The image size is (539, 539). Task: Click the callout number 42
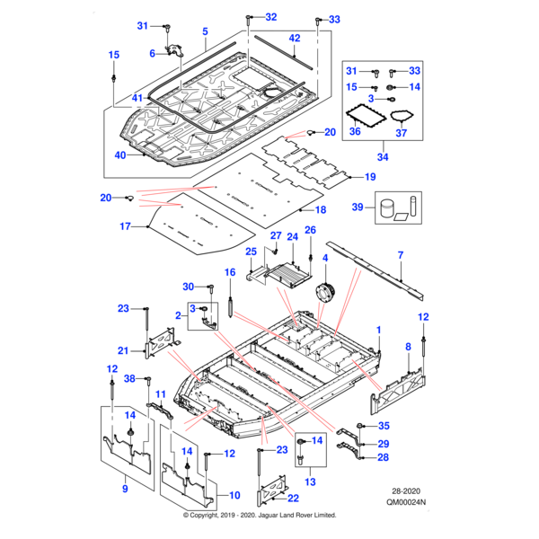(x=295, y=38)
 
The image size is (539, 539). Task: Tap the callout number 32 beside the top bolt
(x=271, y=17)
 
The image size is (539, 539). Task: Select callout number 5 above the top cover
(x=205, y=31)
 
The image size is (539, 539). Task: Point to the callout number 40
(x=120, y=155)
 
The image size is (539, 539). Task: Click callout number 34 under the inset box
(x=383, y=157)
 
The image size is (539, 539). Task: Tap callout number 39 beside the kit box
(x=358, y=208)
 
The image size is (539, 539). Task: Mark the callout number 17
(x=126, y=227)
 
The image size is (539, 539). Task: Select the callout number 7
(x=401, y=255)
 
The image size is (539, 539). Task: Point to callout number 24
(x=291, y=237)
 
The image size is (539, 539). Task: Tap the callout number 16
(x=230, y=271)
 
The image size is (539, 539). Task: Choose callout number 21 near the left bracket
(x=123, y=349)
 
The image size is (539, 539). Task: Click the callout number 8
(x=409, y=346)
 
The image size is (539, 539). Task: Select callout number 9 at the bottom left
(x=124, y=488)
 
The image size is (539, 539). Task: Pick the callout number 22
(x=294, y=499)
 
